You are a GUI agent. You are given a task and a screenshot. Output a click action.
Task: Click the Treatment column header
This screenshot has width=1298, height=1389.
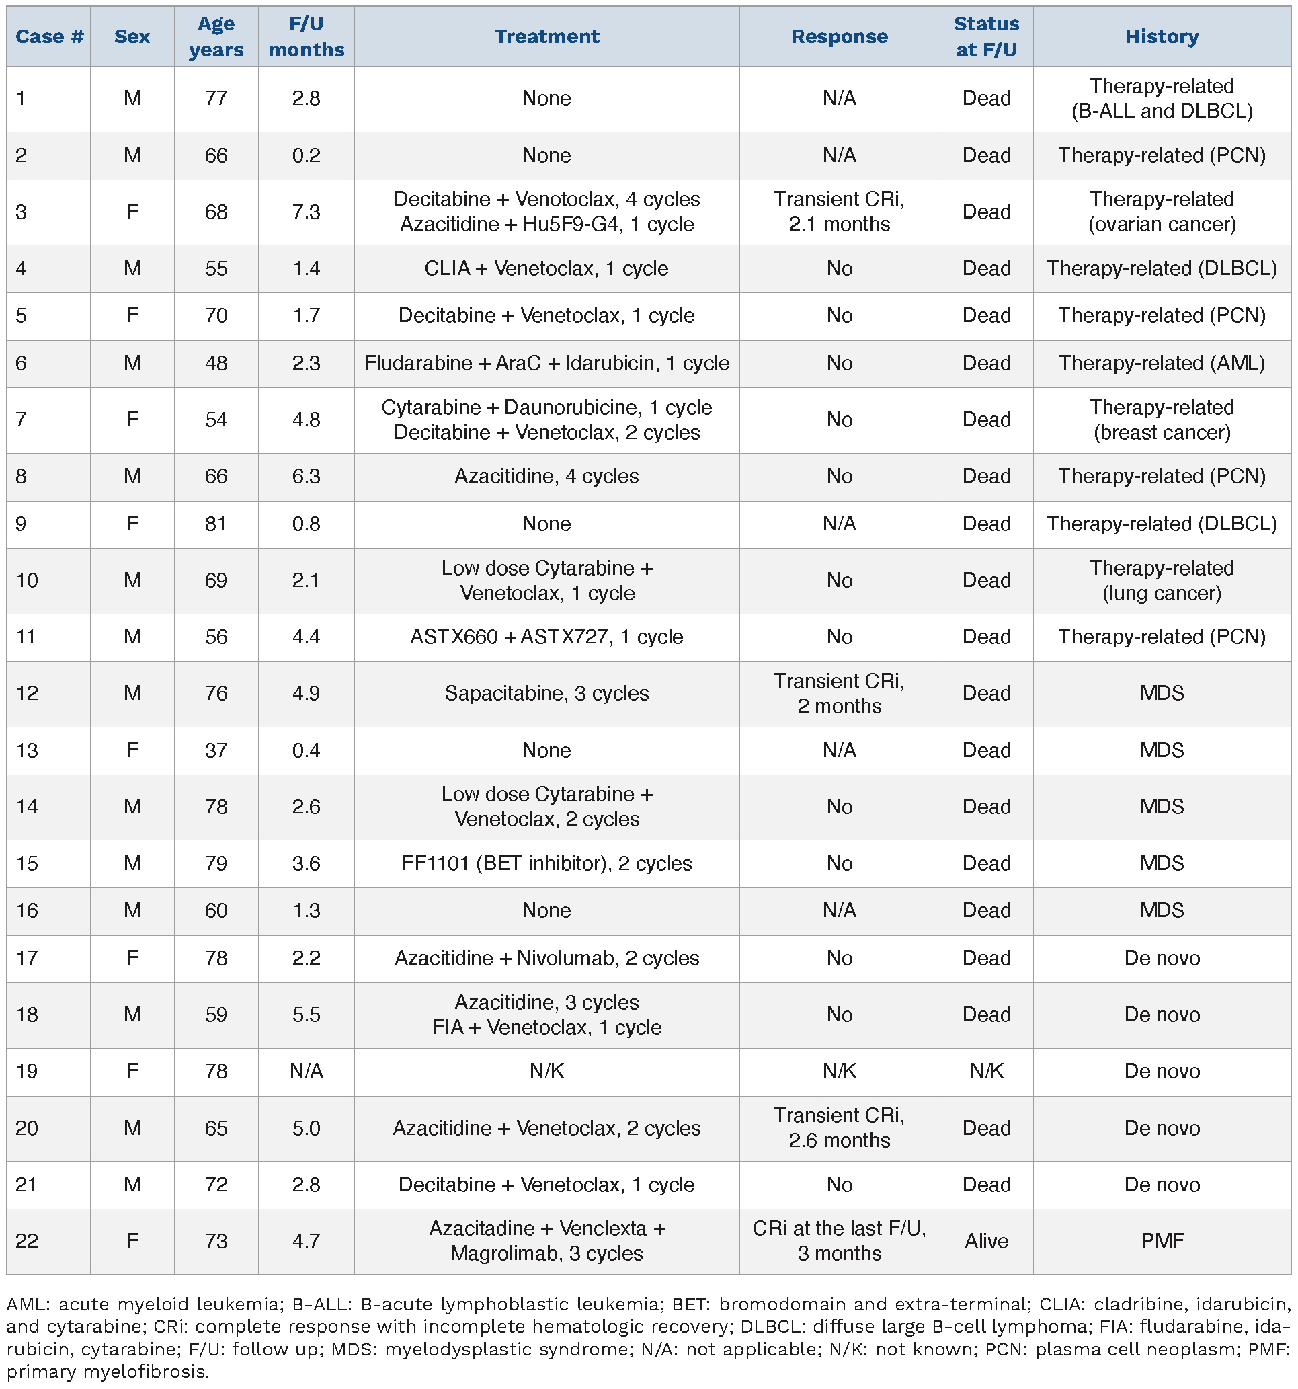coord(546,36)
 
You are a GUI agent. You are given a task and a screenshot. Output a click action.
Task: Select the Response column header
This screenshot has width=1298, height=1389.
coord(839,36)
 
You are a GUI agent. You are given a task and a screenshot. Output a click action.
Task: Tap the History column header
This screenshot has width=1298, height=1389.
coord(1161,36)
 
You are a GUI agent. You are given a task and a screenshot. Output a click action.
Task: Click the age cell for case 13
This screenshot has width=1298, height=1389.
coord(216,750)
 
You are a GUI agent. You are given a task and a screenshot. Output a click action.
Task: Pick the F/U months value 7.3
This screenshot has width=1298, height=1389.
coord(306,212)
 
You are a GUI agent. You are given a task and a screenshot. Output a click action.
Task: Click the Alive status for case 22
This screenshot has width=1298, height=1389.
coord(985,1240)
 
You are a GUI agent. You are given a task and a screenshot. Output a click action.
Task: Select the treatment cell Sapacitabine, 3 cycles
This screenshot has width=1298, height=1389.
coord(546,693)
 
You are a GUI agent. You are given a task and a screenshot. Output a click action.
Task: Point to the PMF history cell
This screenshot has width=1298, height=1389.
coord(1161,1240)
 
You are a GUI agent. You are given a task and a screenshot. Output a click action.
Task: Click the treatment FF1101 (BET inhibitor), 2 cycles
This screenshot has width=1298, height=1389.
coord(546,863)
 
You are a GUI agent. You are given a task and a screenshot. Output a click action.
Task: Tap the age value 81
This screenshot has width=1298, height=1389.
coord(216,523)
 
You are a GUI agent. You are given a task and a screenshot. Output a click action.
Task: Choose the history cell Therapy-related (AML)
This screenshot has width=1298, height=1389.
coord(1161,363)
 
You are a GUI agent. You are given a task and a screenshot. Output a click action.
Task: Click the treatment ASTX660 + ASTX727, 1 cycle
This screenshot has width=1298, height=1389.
coord(546,637)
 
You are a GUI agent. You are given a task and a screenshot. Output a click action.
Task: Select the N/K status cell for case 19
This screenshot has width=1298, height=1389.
coord(985,1070)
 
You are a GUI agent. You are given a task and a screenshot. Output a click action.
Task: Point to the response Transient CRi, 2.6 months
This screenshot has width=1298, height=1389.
coord(839,1127)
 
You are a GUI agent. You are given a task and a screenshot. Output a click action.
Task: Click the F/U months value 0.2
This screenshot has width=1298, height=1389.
coord(306,155)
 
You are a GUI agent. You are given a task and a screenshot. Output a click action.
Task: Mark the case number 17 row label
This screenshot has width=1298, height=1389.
coord(26,957)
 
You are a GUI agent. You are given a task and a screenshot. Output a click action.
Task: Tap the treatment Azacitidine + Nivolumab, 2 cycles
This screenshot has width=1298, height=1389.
coord(546,957)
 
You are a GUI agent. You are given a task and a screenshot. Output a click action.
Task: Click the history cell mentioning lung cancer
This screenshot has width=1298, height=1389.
coord(1161,581)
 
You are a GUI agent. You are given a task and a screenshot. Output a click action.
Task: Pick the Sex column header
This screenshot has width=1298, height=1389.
coord(132,36)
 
